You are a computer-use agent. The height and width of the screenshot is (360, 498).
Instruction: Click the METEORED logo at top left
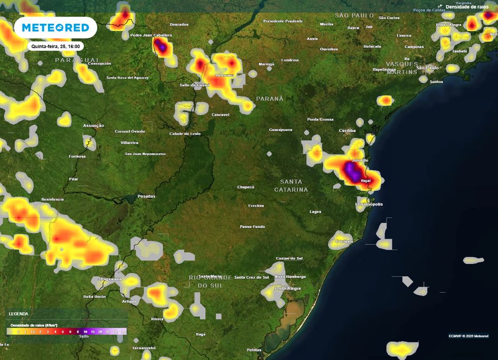(55, 27)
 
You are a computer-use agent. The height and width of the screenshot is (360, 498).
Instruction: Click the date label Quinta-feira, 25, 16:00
(55, 46)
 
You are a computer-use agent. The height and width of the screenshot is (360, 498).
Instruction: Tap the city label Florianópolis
(369, 204)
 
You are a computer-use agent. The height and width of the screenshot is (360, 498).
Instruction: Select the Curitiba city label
(347, 130)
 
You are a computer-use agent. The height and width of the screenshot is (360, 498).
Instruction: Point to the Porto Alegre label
(288, 288)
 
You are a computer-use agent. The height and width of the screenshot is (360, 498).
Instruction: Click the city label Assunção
(94, 126)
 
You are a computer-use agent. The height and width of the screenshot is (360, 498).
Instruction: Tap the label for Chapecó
(246, 187)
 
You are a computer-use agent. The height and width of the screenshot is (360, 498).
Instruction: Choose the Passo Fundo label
(252, 227)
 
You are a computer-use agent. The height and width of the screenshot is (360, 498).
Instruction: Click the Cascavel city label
(221, 115)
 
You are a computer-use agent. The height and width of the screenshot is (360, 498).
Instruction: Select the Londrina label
(290, 60)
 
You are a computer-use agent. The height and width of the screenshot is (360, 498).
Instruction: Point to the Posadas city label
(146, 196)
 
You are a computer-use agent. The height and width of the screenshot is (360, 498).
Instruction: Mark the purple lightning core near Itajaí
(352, 171)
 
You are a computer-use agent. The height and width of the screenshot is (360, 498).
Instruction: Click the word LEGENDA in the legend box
(19, 314)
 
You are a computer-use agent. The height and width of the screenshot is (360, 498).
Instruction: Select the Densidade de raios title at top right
(467, 7)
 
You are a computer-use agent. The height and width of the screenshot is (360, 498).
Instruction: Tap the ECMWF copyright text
(468, 336)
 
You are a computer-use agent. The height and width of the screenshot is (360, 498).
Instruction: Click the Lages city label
(315, 212)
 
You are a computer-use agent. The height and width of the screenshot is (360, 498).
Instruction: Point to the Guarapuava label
(281, 130)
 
